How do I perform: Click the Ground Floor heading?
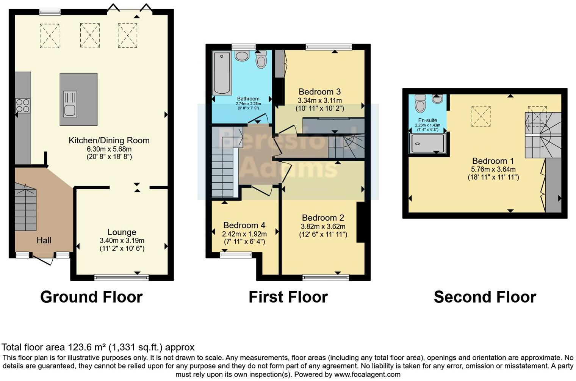91,297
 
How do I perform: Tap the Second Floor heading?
485,297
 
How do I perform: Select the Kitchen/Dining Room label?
109,141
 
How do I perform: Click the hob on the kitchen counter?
23,106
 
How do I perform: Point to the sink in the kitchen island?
70,104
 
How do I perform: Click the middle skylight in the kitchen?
90,35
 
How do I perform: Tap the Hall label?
44,240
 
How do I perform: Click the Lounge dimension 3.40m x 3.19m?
122,240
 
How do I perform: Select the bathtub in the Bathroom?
222,73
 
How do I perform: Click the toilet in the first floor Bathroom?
261,60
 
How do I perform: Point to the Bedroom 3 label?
319,92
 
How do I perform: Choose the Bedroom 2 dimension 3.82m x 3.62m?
323,226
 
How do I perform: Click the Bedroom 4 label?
244,225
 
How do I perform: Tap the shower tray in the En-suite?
427,144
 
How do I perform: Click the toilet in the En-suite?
420,103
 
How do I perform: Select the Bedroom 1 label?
493,161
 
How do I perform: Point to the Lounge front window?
121,278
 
